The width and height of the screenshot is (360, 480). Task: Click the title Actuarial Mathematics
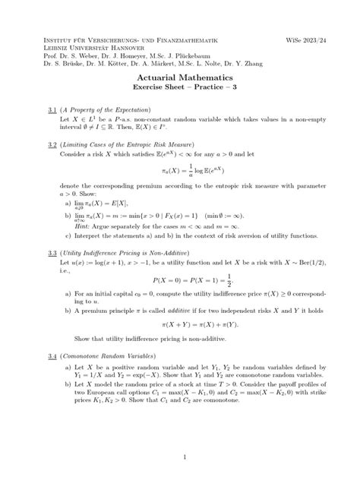[180, 78]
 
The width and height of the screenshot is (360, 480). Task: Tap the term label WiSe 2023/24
[311, 37]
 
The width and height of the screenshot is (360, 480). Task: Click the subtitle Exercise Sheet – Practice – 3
[180, 90]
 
